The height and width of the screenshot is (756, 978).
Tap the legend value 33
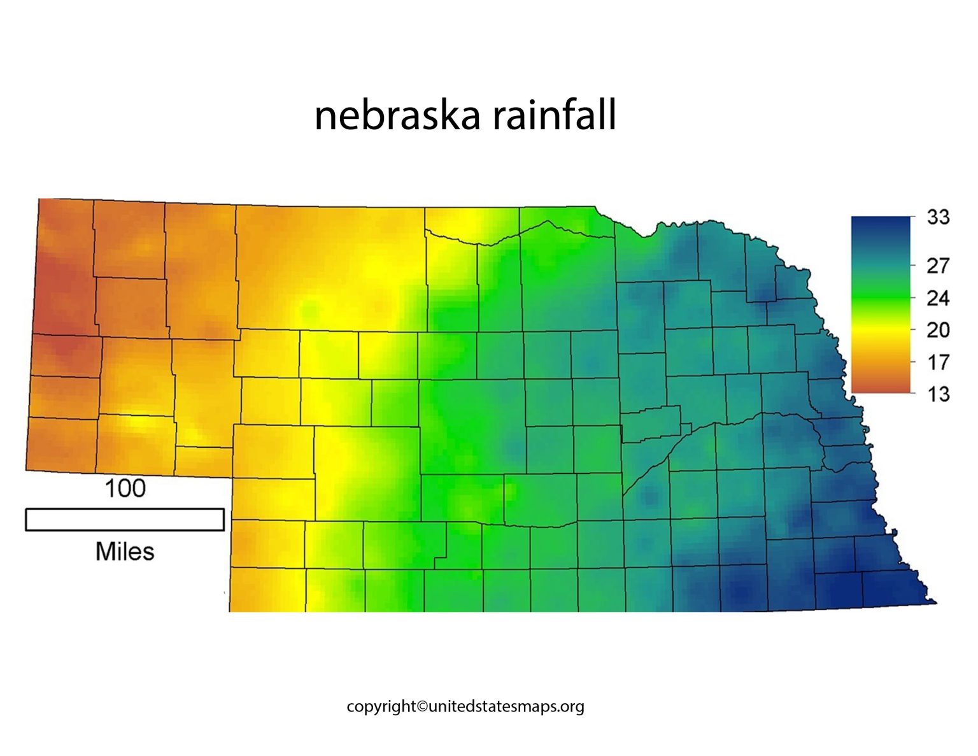tap(938, 217)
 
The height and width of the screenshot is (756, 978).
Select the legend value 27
tap(938, 266)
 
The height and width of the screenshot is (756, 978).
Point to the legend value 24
tap(938, 298)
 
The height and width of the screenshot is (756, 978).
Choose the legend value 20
tap(938, 330)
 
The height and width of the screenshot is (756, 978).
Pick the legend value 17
tap(938, 362)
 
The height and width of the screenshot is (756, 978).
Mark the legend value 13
tap(938, 394)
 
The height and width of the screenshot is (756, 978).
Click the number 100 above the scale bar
tap(125, 489)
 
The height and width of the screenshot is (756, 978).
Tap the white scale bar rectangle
tap(125, 520)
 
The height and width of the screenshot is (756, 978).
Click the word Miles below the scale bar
tap(125, 552)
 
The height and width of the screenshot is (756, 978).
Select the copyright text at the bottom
tap(465, 706)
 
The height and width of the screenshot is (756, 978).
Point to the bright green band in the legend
tap(881, 298)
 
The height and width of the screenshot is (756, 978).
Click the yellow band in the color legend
tap(881, 330)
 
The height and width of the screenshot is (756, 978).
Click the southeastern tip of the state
tap(934, 601)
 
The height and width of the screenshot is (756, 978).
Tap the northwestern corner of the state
tap(39, 199)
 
